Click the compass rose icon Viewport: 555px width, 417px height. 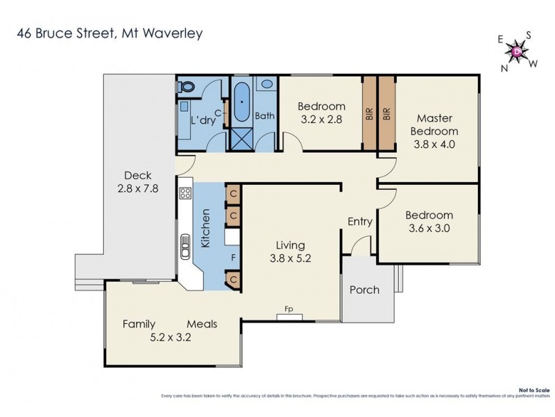tap(517, 50)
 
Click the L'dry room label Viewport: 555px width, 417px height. tap(203, 120)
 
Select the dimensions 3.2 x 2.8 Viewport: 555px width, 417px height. tap(321, 119)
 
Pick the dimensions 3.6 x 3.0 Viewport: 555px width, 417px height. tap(429, 227)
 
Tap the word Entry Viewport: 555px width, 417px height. tap(360, 222)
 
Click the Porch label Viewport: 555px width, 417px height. tap(364, 290)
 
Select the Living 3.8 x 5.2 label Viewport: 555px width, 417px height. tap(290, 251)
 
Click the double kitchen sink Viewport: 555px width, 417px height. tap(186, 247)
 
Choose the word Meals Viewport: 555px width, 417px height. tap(202, 324)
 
